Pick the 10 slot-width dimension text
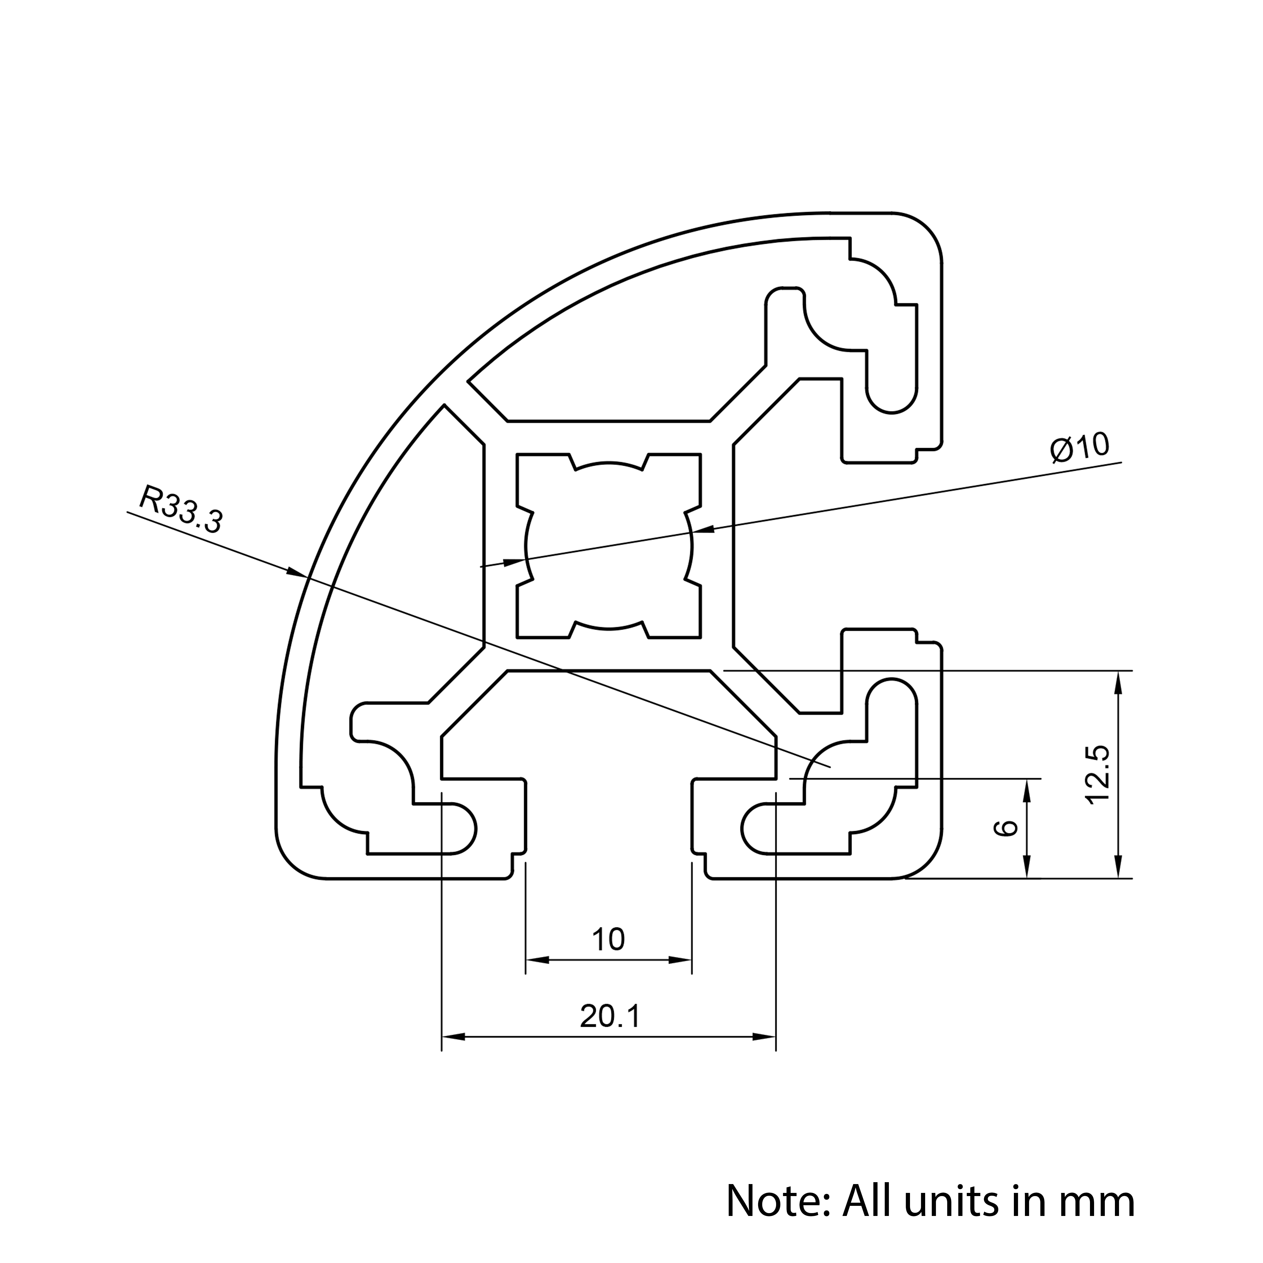click(x=608, y=939)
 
